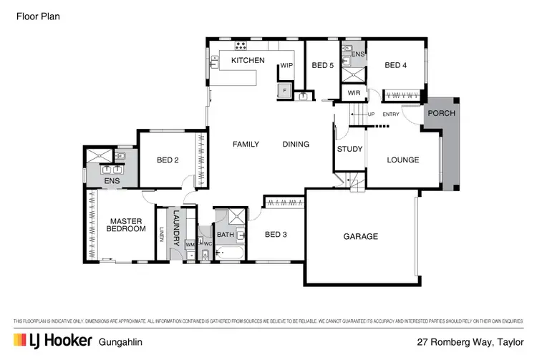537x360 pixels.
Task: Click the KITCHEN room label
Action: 248,61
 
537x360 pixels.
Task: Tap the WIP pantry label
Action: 286,66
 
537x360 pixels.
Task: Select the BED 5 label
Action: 322,66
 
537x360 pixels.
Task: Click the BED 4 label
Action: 395,66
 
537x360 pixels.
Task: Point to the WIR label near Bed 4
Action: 354,94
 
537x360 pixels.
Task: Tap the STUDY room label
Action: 349,150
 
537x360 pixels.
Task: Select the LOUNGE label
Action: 402,160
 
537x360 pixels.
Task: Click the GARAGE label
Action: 360,236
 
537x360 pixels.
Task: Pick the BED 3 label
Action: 276,234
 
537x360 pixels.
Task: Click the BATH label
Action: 226,234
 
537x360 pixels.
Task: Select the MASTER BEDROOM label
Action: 122,225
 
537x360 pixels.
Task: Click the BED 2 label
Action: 167,160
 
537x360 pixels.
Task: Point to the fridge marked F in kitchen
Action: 284,90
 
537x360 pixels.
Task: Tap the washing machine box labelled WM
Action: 190,245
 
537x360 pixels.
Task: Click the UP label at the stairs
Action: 370,115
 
